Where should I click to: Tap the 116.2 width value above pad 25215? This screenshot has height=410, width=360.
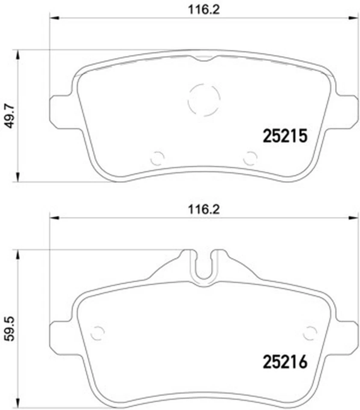coord(204,9)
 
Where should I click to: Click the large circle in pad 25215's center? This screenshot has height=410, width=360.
coord(204,100)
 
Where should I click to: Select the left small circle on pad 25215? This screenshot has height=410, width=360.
coord(157,158)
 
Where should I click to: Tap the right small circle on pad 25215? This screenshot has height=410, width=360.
coord(250,158)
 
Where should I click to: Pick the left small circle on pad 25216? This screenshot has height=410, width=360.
coord(98,332)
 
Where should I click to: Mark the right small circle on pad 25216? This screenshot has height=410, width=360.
coord(310,332)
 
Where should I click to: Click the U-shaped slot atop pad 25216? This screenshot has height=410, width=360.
coord(204,266)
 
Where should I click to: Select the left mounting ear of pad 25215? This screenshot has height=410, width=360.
coord(60,110)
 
